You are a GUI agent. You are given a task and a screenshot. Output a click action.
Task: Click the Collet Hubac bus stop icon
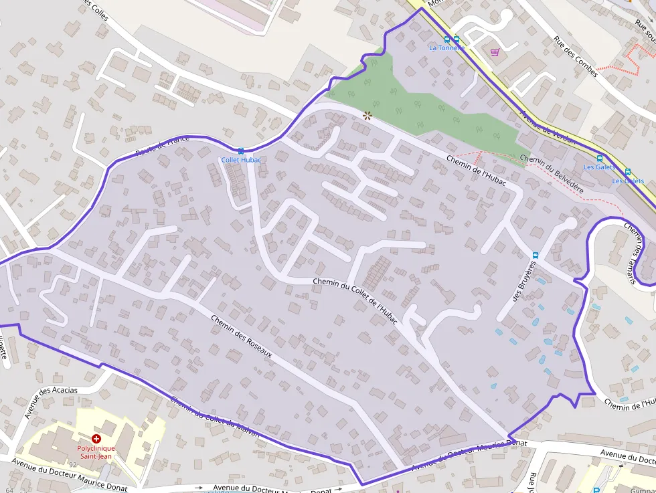click(x=241, y=151)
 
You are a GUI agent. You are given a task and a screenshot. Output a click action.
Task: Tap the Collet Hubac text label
click(x=241, y=161)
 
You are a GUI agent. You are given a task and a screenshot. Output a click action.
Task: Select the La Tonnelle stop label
click(x=446, y=48)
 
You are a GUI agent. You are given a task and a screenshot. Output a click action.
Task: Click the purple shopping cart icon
click(x=495, y=52)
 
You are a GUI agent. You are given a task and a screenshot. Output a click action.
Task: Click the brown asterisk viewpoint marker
click(x=367, y=115)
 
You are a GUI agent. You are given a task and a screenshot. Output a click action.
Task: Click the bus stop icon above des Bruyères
click(x=536, y=255)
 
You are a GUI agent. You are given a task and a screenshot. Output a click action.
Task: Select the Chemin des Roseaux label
click(x=242, y=336)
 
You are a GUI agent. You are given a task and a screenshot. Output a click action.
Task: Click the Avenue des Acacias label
click(x=51, y=402)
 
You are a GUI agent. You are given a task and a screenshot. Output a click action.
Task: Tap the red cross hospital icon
click(x=96, y=438)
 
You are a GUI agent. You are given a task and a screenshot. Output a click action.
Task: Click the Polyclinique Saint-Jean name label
click(x=96, y=452)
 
